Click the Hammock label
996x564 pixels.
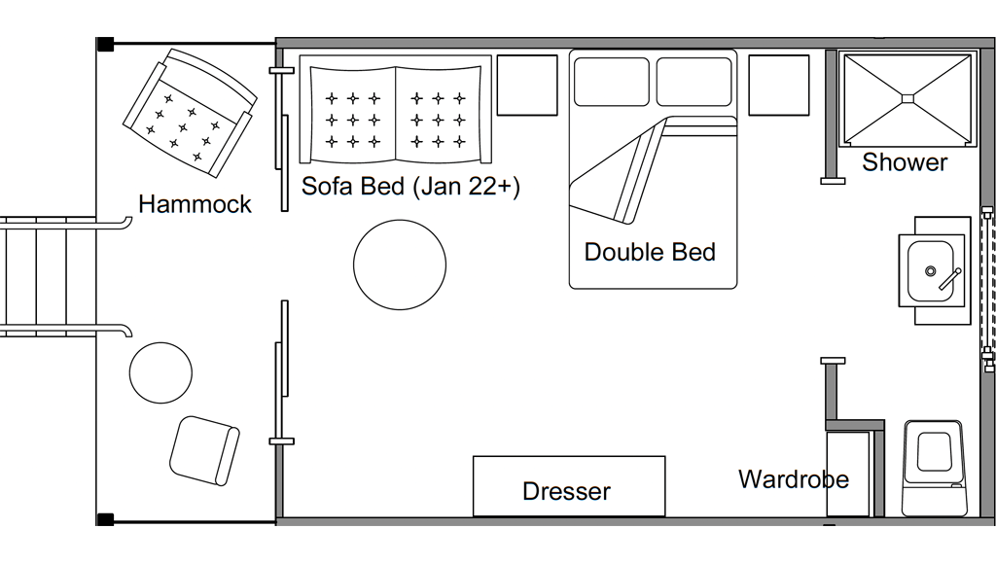(195, 204)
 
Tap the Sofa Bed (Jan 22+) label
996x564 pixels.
(410, 187)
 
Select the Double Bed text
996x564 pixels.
(650, 252)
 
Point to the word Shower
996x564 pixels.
(905, 162)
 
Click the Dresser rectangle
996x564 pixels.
(569, 486)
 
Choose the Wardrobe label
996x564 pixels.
(794, 478)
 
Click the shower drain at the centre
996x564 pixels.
(907, 98)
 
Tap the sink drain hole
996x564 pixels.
(931, 271)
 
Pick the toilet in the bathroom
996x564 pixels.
(935, 468)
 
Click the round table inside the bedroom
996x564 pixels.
(400, 264)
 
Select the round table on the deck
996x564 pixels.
(160, 372)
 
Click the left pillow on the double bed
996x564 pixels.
(612, 82)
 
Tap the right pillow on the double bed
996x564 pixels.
(694, 82)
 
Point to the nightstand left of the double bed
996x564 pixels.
(527, 86)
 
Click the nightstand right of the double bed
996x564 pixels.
(779, 86)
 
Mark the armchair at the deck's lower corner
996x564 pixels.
(204, 451)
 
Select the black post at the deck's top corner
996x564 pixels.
(105, 45)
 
